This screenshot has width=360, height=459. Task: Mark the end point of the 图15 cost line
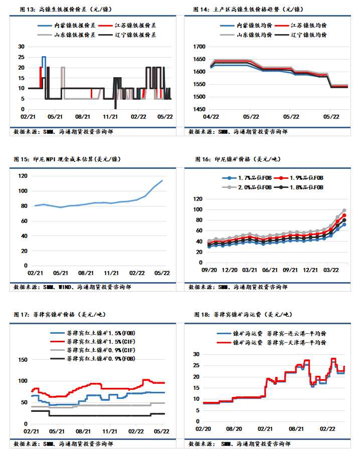(x=162, y=180)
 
